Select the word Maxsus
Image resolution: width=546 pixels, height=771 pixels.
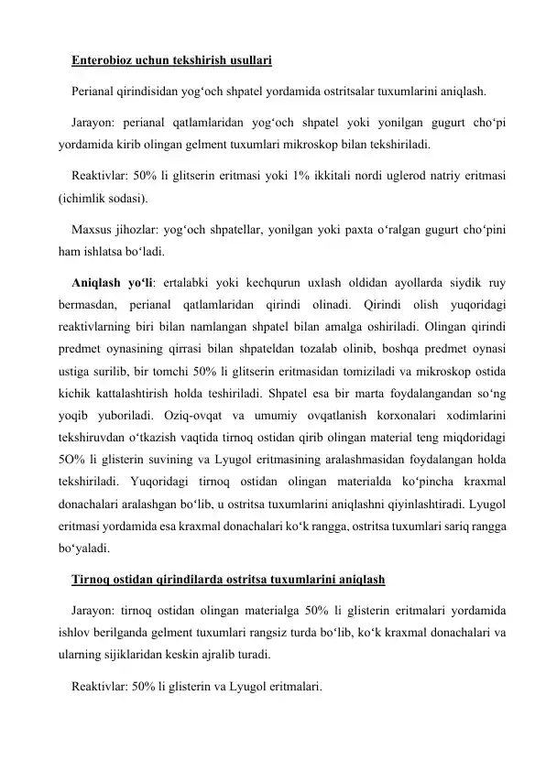(x=93, y=225)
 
